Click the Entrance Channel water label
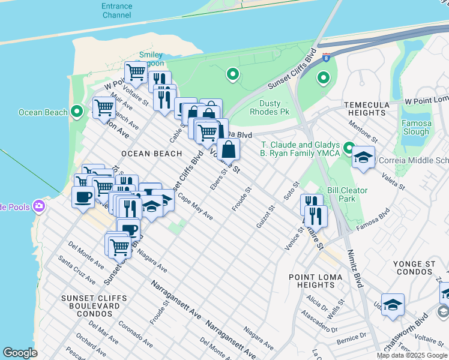coord(116,10)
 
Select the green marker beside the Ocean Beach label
coord(76,112)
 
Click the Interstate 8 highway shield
coord(325,58)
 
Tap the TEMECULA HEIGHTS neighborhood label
coord(368,109)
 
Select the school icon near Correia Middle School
coord(363,157)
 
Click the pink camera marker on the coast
coord(40,206)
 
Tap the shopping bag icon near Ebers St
coord(229,148)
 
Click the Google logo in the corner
coord(20,353)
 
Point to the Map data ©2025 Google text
coord(412,355)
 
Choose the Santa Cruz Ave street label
coord(76,269)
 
